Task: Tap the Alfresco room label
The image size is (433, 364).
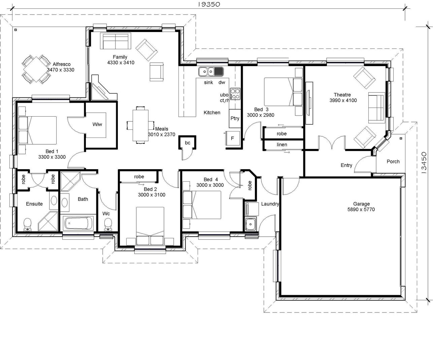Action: pos(62,64)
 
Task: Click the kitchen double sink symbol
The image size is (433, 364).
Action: pos(206,71)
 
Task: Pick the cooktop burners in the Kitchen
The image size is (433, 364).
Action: pos(235,93)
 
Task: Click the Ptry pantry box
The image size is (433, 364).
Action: pos(235,118)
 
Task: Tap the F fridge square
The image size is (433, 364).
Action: pos(232,138)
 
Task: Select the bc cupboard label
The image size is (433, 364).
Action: pos(188,143)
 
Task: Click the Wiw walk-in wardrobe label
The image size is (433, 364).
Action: pos(97,124)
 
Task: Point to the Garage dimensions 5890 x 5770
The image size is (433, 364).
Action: pos(361,209)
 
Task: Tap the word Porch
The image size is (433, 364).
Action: pos(393,161)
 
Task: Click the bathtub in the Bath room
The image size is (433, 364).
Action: pos(78,223)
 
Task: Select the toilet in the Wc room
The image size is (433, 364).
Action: pos(108,223)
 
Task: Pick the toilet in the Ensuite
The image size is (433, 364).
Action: pos(27,224)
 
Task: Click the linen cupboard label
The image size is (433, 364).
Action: pos(282,145)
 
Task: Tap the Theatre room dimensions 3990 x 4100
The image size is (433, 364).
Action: pos(343,100)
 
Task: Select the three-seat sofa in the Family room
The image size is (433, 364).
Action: pos(115,41)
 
